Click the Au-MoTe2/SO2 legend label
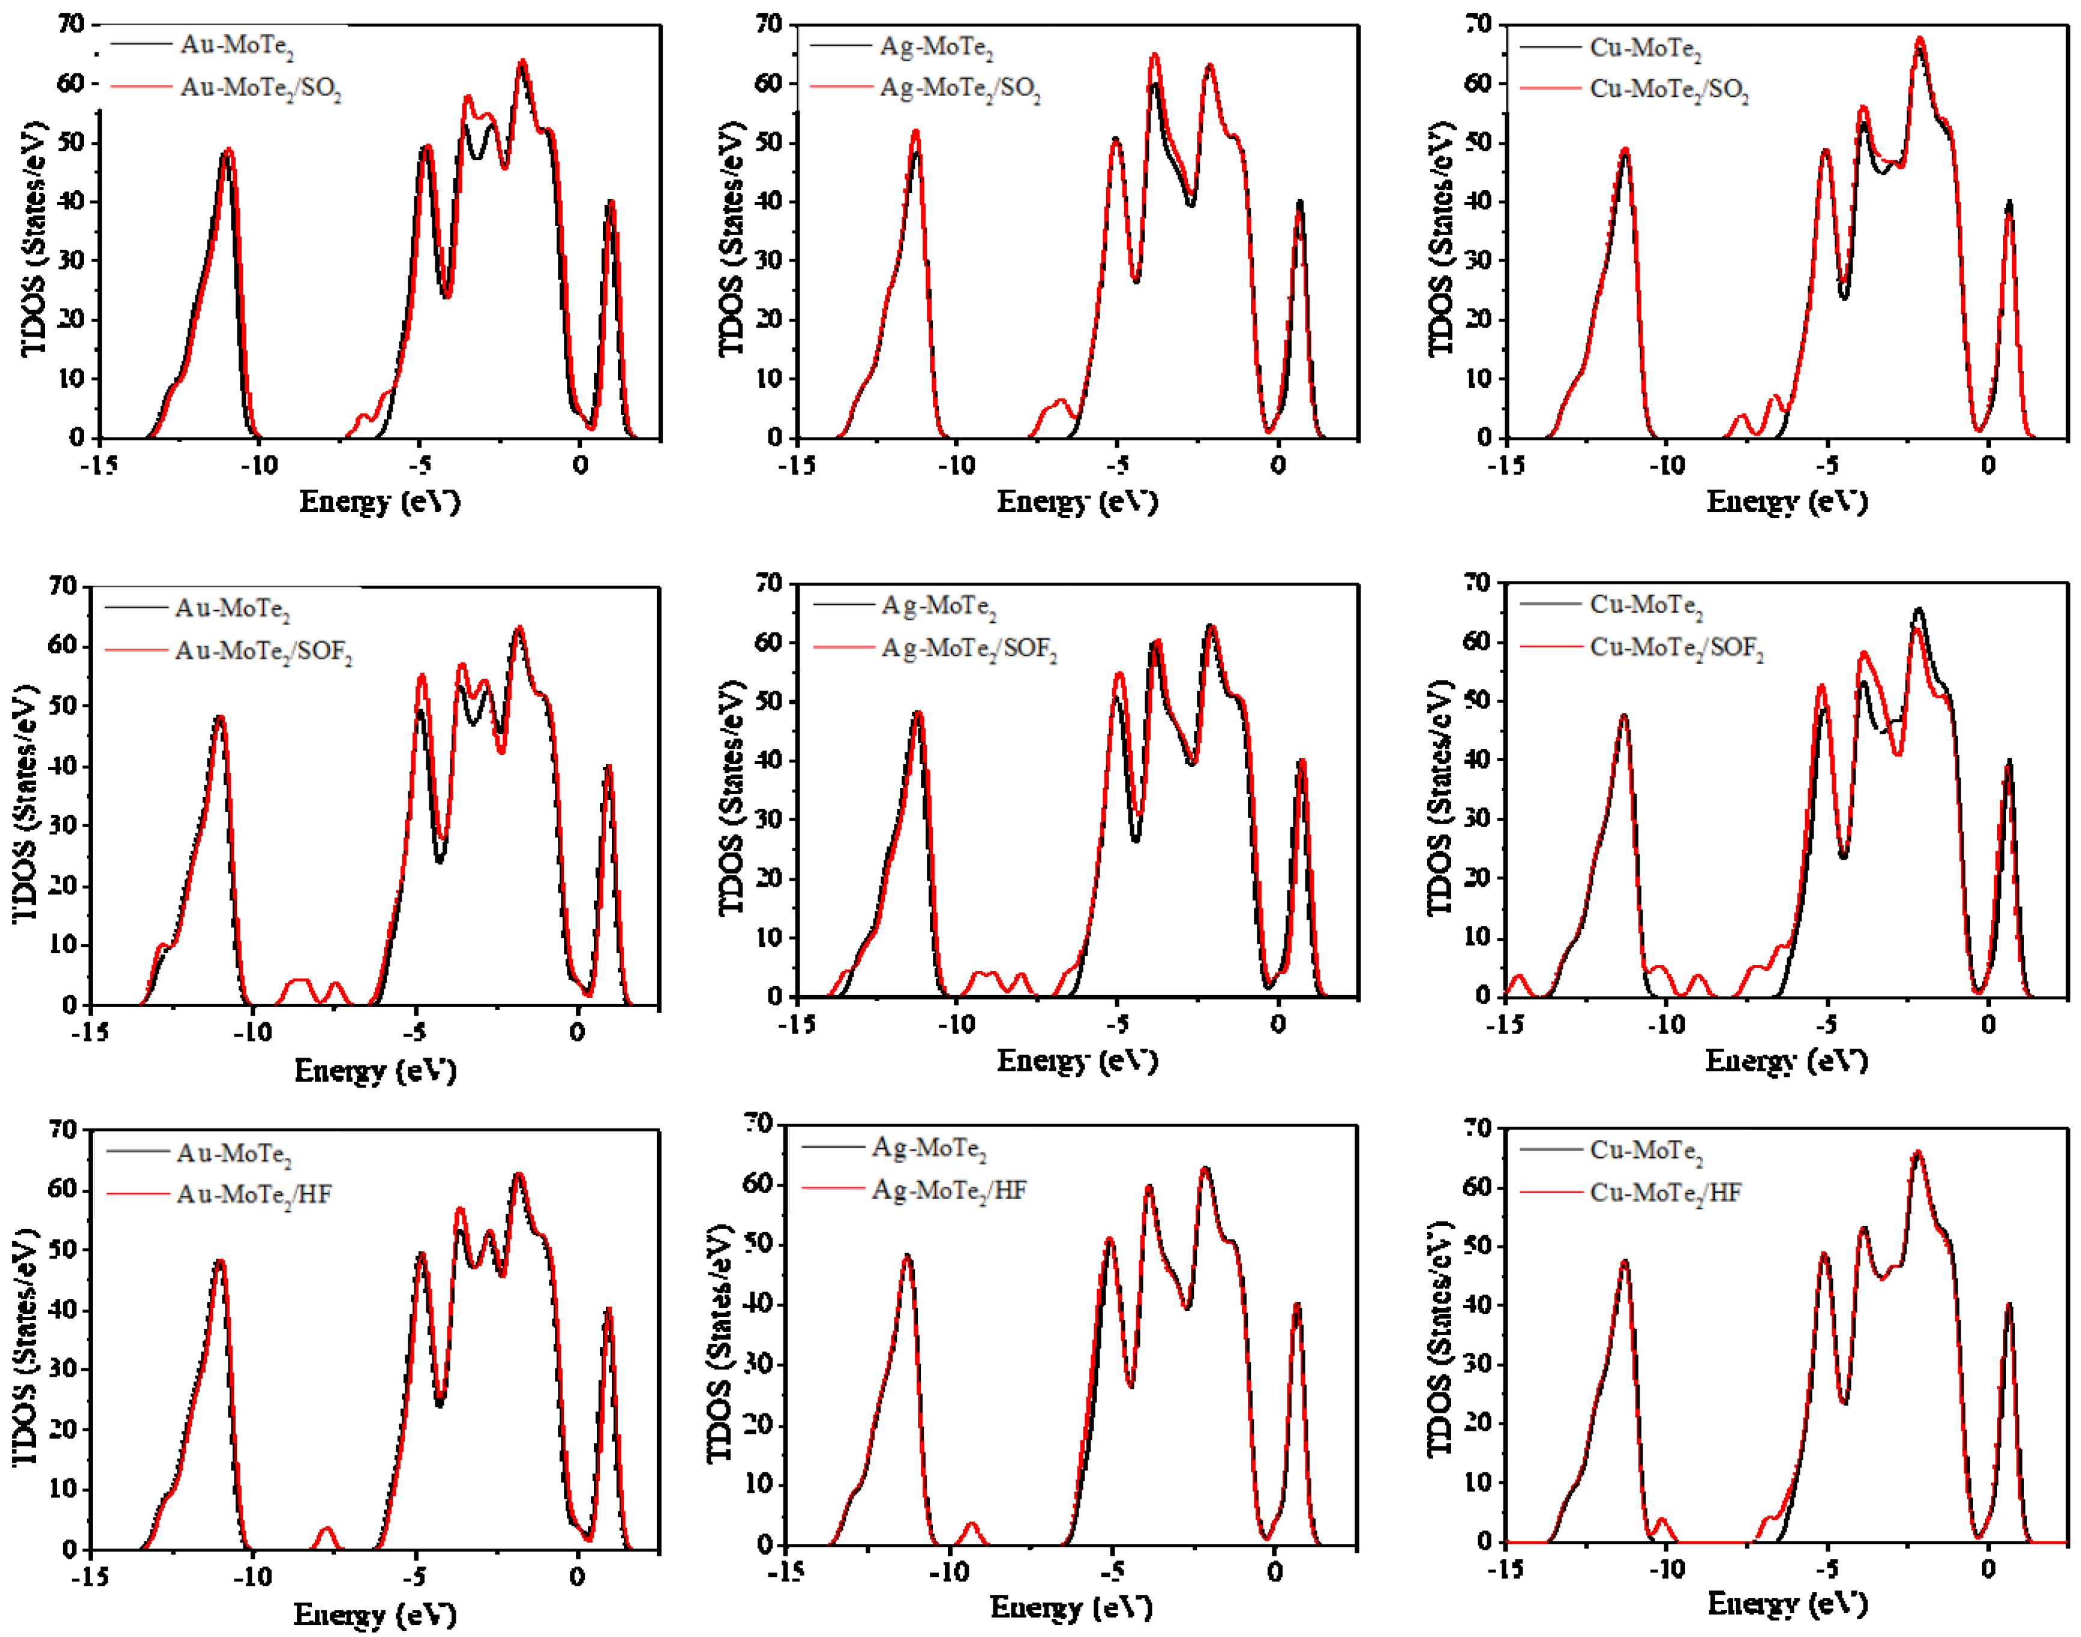261,88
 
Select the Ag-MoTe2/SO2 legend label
960,88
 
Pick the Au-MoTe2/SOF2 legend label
263,652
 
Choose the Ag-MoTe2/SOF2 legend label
969,649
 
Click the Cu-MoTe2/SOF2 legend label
1676,648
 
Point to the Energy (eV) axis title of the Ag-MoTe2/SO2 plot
1077,501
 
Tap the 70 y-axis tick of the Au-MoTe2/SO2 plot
71,24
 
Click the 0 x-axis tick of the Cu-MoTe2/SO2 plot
1988,466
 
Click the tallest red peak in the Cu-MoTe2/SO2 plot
1920,40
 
